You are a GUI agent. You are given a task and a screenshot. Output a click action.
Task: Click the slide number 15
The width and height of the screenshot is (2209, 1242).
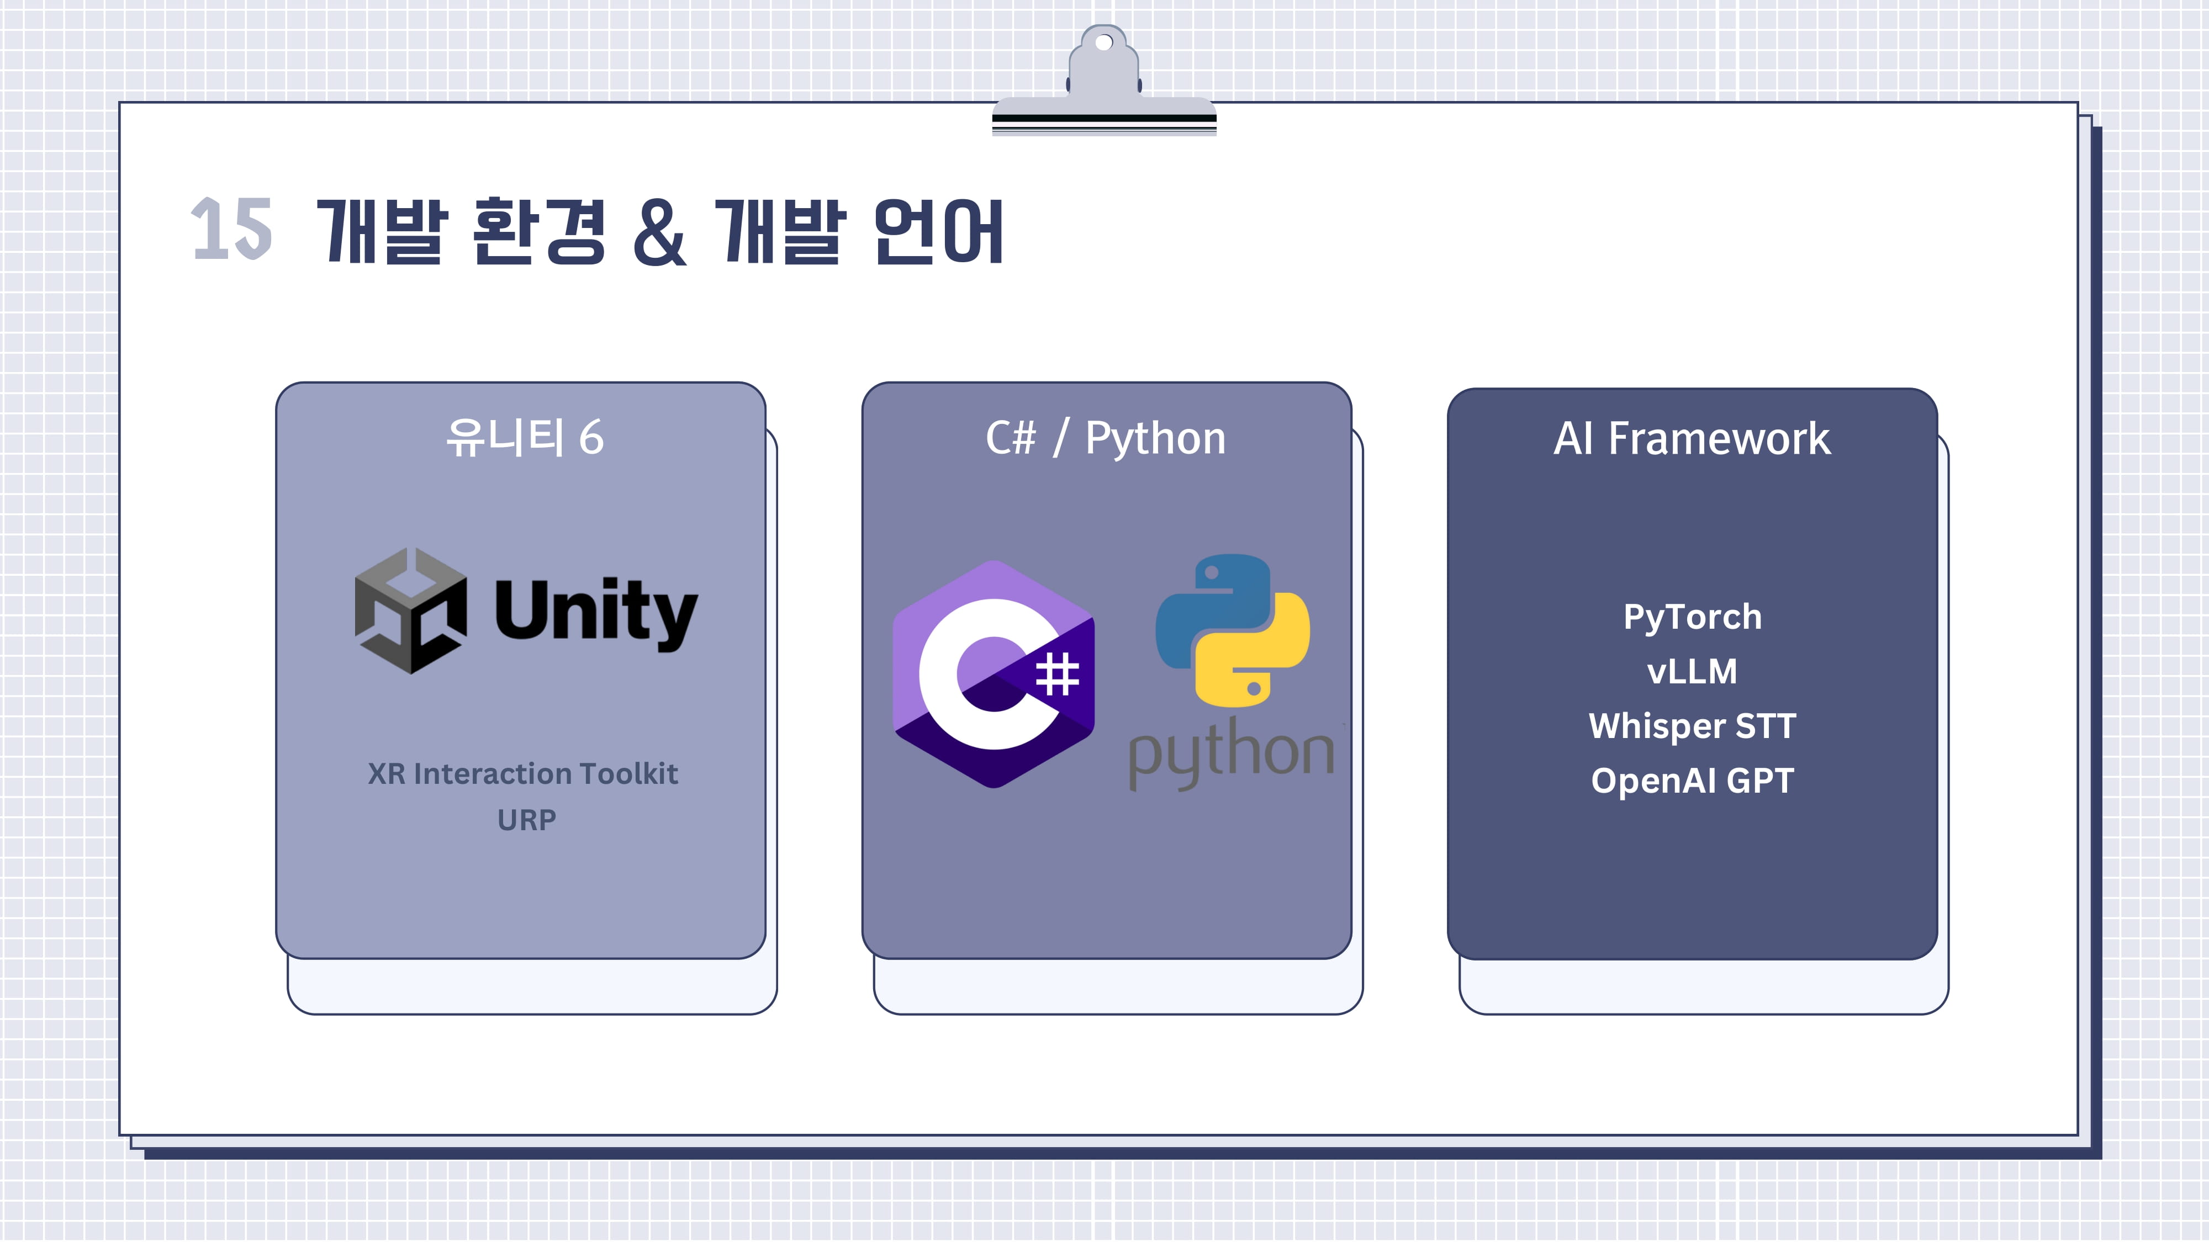(x=231, y=229)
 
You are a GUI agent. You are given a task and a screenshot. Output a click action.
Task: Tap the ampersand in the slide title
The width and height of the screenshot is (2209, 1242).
(x=659, y=231)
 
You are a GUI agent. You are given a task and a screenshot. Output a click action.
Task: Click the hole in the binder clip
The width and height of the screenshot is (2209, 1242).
(x=1104, y=42)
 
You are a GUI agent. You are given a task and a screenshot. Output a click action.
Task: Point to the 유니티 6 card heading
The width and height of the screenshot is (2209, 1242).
(x=525, y=438)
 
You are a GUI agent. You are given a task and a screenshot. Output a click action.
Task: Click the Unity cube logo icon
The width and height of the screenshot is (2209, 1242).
(x=411, y=611)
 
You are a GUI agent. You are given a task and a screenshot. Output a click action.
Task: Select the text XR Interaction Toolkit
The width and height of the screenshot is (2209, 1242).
(x=522, y=774)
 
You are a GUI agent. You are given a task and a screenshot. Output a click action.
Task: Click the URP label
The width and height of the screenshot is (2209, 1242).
(x=526, y=820)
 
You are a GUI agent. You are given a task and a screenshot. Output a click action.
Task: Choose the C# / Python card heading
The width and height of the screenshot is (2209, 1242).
(x=1106, y=438)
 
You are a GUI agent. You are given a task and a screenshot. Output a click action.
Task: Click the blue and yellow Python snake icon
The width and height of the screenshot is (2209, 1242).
(x=1232, y=630)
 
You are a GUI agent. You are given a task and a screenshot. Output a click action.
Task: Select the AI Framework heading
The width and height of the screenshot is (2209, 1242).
(x=1692, y=439)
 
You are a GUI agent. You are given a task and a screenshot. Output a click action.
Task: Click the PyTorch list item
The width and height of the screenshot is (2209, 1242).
(x=1692, y=617)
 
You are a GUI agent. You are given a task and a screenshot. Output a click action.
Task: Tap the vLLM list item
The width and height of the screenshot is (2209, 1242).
(x=1692, y=671)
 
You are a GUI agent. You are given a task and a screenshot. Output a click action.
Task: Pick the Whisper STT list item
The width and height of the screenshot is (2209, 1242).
(x=1692, y=726)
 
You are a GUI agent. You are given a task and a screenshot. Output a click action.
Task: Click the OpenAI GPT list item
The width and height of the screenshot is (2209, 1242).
(x=1692, y=781)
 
